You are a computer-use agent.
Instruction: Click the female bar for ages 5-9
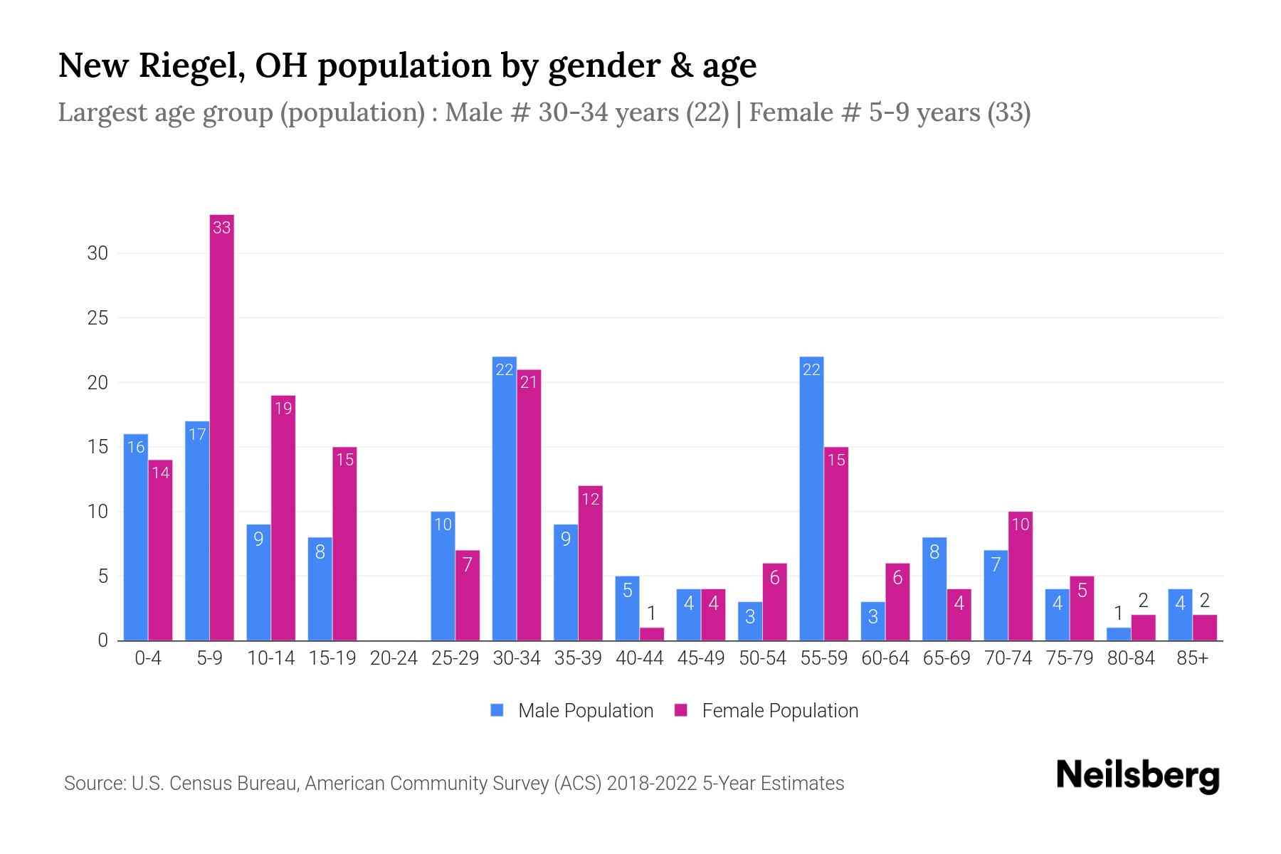(x=222, y=427)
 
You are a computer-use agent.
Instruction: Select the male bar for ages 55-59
(x=811, y=498)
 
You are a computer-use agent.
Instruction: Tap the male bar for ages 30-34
(x=504, y=498)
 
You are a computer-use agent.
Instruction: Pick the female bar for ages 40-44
(x=652, y=633)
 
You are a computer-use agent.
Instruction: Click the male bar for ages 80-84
(x=1118, y=633)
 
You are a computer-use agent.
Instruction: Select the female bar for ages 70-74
(x=1021, y=576)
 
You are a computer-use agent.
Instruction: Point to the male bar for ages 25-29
(x=443, y=576)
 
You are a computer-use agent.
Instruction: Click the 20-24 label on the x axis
(x=394, y=658)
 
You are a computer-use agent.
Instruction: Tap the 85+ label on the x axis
(x=1192, y=658)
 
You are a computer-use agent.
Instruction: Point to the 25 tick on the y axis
(x=97, y=318)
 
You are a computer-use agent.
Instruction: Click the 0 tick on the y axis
(x=102, y=640)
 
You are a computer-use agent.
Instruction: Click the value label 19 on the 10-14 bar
(x=283, y=408)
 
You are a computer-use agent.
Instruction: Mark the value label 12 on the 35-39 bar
(x=591, y=499)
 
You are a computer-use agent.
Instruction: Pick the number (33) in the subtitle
(x=1008, y=112)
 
